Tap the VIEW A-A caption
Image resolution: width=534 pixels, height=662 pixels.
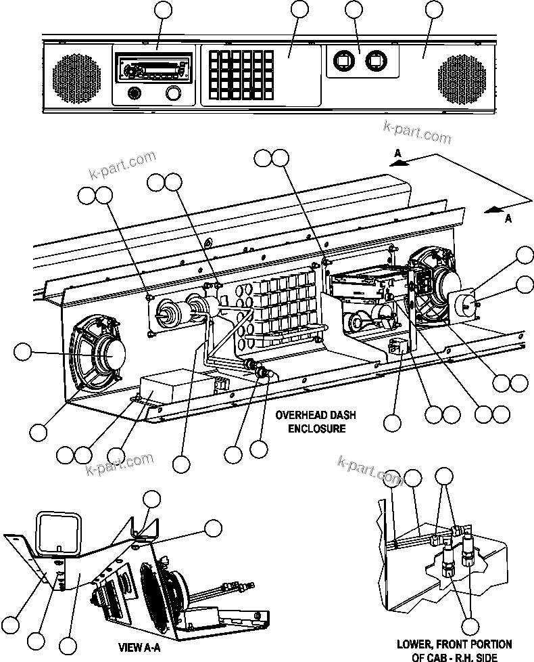pos(141,647)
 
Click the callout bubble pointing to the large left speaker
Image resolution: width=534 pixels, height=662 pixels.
pos(23,351)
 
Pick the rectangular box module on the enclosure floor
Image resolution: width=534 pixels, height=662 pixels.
pos(166,391)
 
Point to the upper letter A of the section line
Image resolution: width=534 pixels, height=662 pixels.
pos(399,154)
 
